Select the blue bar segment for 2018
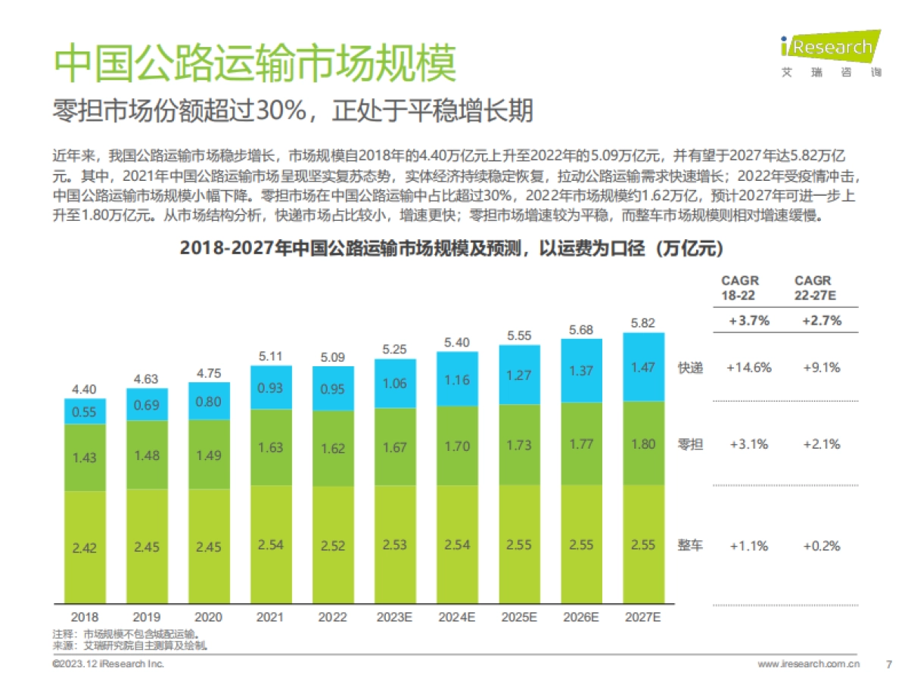[x=84, y=411]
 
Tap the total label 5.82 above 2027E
[x=642, y=323]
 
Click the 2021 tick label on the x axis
[x=270, y=617]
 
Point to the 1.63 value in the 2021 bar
[x=270, y=447]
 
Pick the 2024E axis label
[x=456, y=617]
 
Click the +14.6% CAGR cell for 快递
[x=748, y=368]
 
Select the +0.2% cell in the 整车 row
[x=822, y=546]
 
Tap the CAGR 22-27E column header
[x=813, y=288]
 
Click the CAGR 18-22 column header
[x=739, y=288]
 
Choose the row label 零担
[x=689, y=444]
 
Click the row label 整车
[x=689, y=546]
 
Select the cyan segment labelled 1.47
[x=642, y=367]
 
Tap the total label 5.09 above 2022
[x=332, y=356]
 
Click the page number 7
[x=888, y=664]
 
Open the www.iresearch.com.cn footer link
[x=808, y=664]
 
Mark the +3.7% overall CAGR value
[x=748, y=320]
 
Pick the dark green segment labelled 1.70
[x=456, y=446]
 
